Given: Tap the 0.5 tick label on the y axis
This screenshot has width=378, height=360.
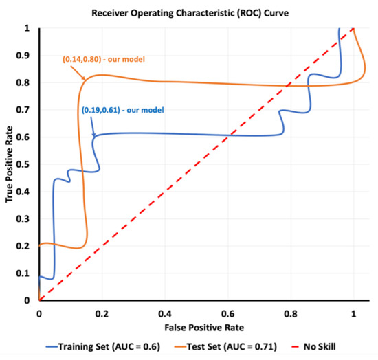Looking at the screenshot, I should pyautogui.click(x=27, y=164).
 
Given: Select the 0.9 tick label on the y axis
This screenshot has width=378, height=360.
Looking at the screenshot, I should pyautogui.click(x=27, y=56).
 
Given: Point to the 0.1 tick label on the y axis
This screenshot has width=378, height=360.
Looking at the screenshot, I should pyautogui.click(x=27, y=273).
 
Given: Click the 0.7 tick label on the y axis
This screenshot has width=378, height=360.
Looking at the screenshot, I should pyautogui.click(x=27, y=110).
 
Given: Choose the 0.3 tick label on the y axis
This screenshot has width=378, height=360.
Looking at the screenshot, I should pyautogui.click(x=27, y=219).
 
